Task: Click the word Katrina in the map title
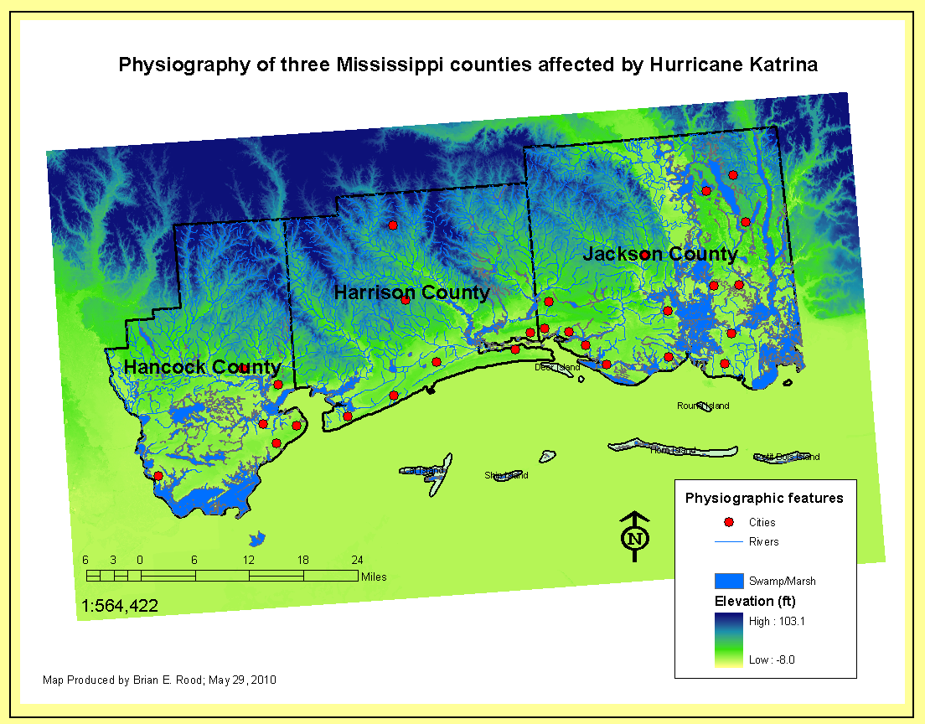point(775,65)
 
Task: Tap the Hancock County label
point(202,367)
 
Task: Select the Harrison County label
point(411,292)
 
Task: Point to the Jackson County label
point(660,254)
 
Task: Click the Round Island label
point(703,406)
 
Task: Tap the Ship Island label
point(506,475)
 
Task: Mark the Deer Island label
point(557,367)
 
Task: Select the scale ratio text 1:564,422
point(120,605)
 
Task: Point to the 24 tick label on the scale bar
point(357,560)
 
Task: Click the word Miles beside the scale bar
point(374,577)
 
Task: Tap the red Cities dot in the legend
point(728,522)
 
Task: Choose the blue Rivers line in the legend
point(727,542)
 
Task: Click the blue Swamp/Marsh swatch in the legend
point(728,581)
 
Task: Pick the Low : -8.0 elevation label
point(772,659)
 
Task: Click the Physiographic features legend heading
point(764,498)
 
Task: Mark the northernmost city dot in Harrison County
point(393,225)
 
